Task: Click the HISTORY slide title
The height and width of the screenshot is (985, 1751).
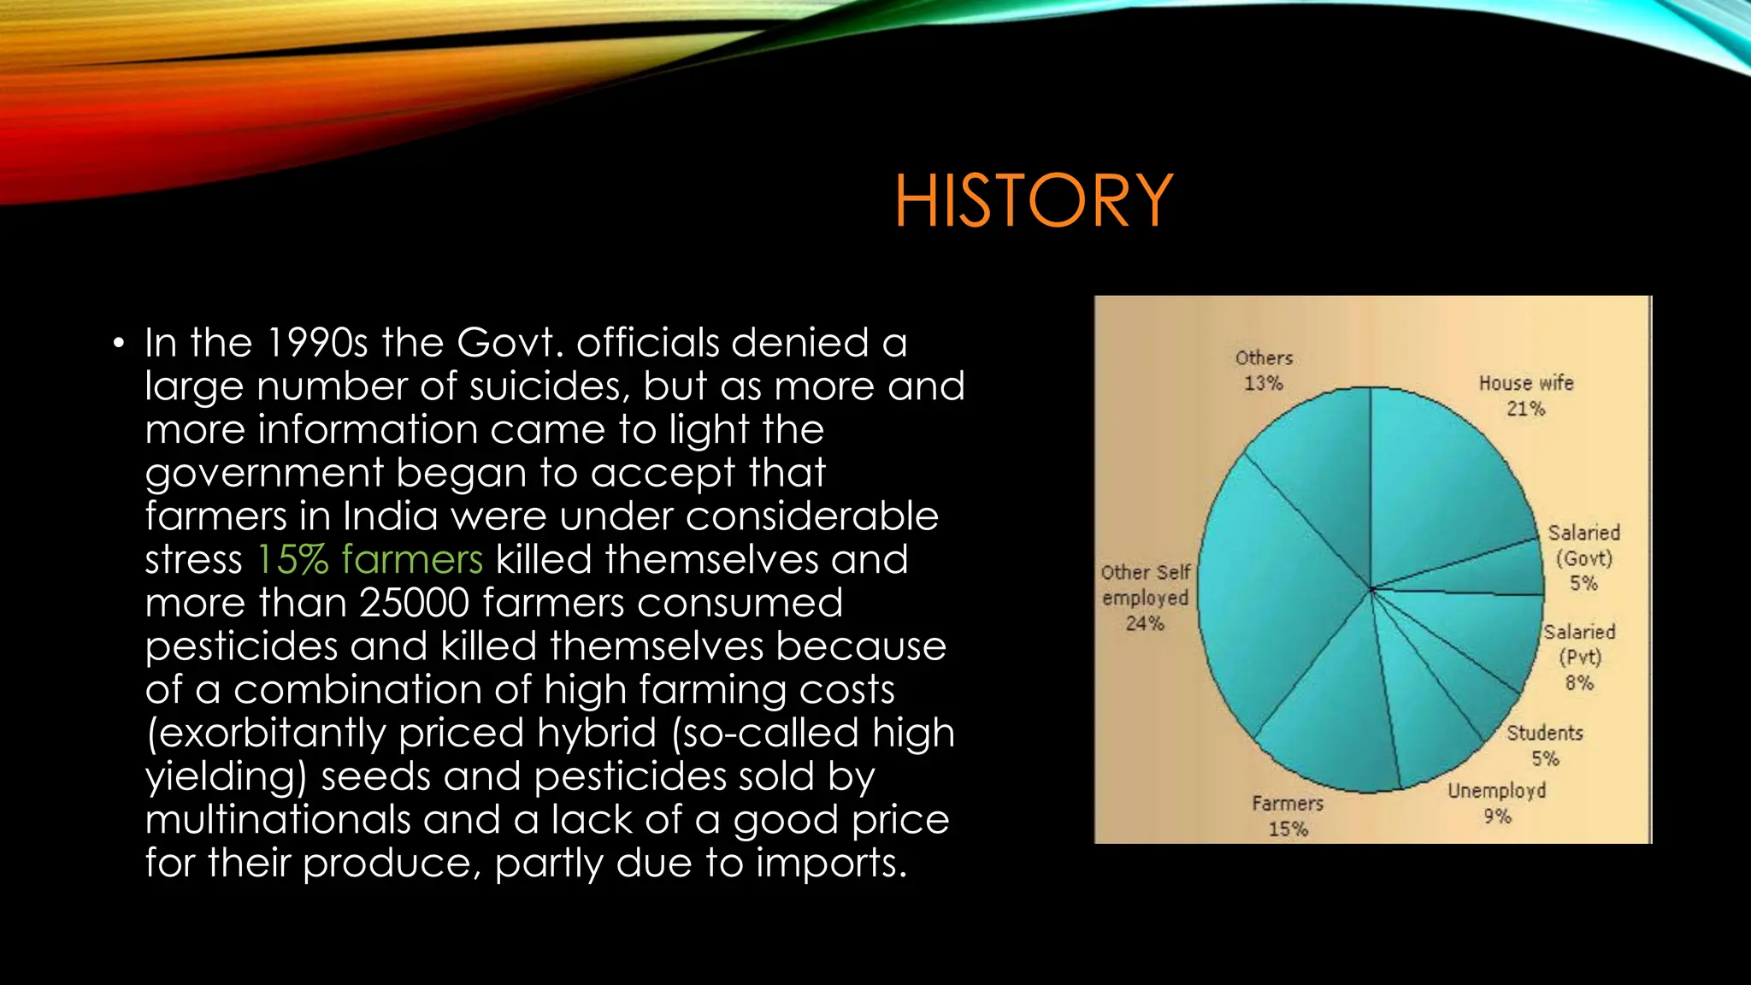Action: (x=1034, y=200)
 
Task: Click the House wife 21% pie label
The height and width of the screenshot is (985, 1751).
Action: (x=1526, y=395)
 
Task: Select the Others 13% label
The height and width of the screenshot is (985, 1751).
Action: (x=1264, y=370)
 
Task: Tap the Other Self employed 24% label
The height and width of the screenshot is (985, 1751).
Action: (x=1145, y=597)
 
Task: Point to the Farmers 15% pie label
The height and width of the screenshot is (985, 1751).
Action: (x=1288, y=816)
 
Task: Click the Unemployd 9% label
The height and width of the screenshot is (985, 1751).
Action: (x=1496, y=802)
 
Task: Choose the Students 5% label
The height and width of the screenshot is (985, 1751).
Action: (x=1544, y=745)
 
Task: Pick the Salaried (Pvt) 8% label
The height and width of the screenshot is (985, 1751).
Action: (x=1579, y=657)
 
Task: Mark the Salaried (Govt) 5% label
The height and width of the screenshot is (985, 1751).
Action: (x=1583, y=557)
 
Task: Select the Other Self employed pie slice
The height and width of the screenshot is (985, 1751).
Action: (x=1265, y=599)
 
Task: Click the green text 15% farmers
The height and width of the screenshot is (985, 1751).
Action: (x=369, y=560)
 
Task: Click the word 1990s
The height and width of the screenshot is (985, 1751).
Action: (x=316, y=343)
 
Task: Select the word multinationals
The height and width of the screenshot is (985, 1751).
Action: (x=278, y=820)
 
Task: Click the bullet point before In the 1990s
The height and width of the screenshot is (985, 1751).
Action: (x=118, y=345)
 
